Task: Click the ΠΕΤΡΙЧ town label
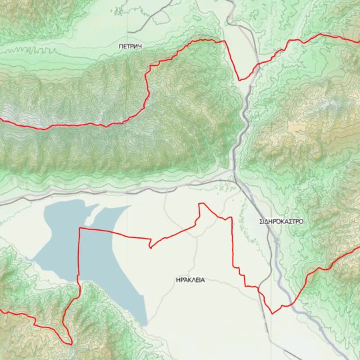[131, 46]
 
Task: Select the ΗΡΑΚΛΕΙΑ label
[187, 280]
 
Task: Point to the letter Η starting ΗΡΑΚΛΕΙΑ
[171, 280]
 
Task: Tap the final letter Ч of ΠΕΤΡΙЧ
[142, 46]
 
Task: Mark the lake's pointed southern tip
[143, 324]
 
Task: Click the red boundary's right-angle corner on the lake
[80, 229]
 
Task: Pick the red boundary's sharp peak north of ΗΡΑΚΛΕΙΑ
[201, 204]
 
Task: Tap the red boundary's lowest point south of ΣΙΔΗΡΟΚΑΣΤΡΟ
[272, 313]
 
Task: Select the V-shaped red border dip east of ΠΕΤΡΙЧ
[240, 79]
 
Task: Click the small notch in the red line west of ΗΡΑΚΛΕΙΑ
[151, 247]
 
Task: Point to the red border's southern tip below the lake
[70, 343]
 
